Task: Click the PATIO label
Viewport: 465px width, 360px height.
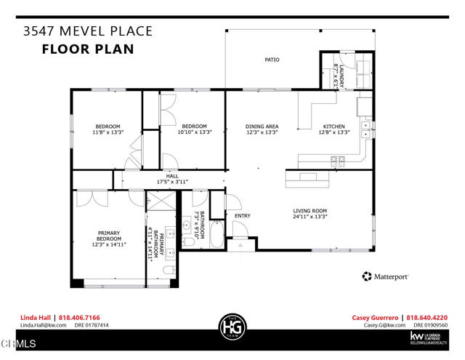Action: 272,60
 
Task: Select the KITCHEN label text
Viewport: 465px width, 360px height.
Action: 333,127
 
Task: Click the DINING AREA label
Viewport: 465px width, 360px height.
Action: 262,127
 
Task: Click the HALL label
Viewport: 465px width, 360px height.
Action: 172,175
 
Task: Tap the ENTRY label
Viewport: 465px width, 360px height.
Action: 242,216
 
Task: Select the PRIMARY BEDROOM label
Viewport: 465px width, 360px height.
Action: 109,236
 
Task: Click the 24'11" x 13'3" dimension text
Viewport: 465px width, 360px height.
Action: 310,216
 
